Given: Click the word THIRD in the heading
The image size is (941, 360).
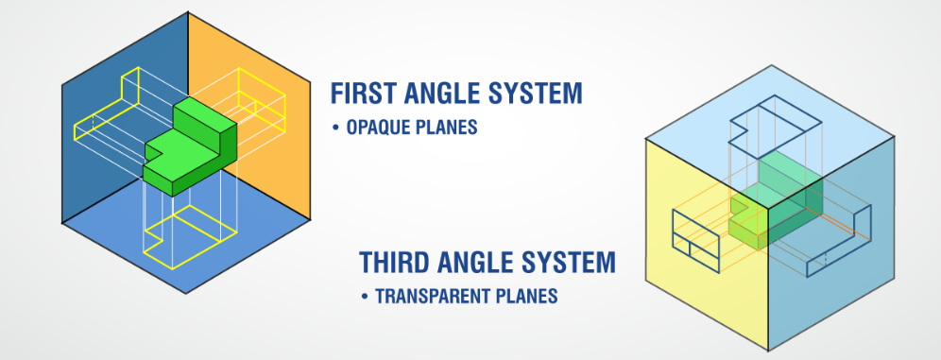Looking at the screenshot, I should [x=396, y=262].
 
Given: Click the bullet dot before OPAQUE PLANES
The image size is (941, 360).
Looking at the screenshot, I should [x=335, y=128].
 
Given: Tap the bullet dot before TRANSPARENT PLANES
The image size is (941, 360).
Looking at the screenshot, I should [x=364, y=296].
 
